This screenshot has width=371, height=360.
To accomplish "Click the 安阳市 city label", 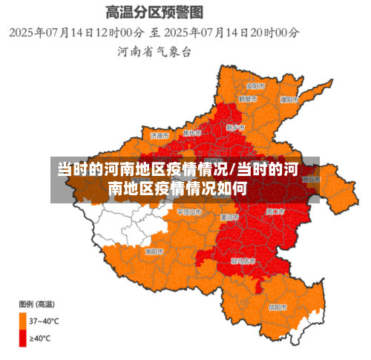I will (255, 84).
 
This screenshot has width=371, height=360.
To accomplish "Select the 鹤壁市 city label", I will (248, 99).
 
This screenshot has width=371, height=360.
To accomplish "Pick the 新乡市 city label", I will (236, 127).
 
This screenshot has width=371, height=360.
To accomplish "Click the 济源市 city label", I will (160, 136).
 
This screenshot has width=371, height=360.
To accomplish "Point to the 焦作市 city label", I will (192, 132).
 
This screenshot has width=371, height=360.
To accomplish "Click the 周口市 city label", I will (275, 212).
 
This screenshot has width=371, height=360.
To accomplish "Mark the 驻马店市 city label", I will (243, 261).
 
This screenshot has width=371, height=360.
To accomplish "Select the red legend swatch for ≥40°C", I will (23, 338).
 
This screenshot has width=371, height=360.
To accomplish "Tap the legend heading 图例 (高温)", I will (36, 304).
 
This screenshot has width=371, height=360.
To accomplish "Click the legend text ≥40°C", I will (40, 338).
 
